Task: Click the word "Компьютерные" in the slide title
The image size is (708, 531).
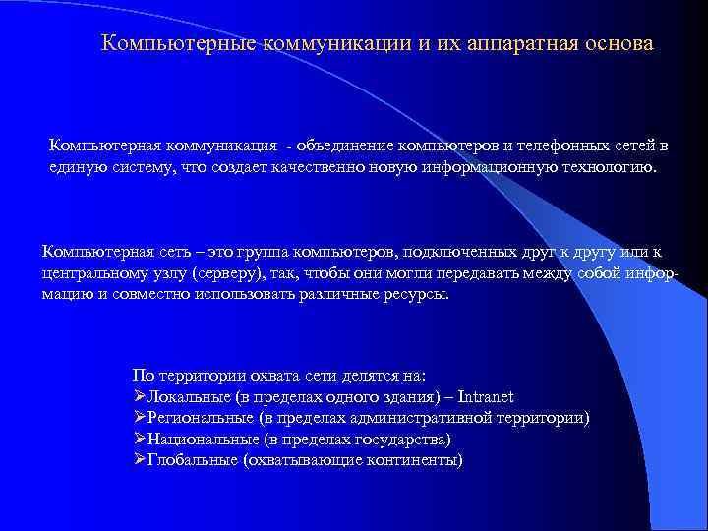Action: [x=177, y=45]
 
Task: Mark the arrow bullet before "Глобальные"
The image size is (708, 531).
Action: [x=139, y=460]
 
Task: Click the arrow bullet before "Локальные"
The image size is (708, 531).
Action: [x=139, y=397]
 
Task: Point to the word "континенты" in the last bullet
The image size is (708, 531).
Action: [x=417, y=460]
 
